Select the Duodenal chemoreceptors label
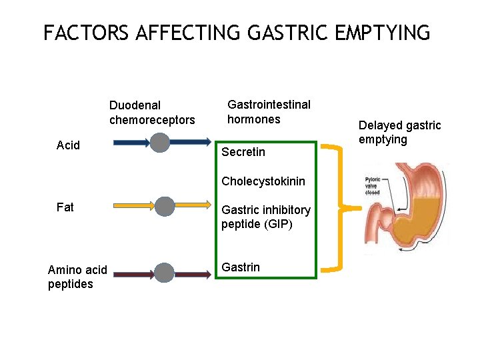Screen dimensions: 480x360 [x=152, y=113]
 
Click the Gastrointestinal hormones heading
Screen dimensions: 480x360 [x=269, y=112]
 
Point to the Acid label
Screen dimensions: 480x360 [x=69, y=145]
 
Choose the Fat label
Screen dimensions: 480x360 [x=65, y=207]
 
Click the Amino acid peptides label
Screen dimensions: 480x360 [x=77, y=277]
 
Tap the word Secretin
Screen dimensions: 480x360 [x=243, y=152]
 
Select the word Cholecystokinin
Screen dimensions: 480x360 [x=263, y=181]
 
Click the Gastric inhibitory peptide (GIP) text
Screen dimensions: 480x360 [x=266, y=217]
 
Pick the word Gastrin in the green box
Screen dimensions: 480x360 [x=241, y=267]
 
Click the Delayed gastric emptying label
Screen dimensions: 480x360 [x=399, y=132]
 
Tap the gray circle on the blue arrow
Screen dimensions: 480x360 [x=160, y=142]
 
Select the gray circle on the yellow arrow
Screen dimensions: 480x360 [x=165, y=207]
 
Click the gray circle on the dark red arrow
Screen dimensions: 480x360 [x=164, y=273]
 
